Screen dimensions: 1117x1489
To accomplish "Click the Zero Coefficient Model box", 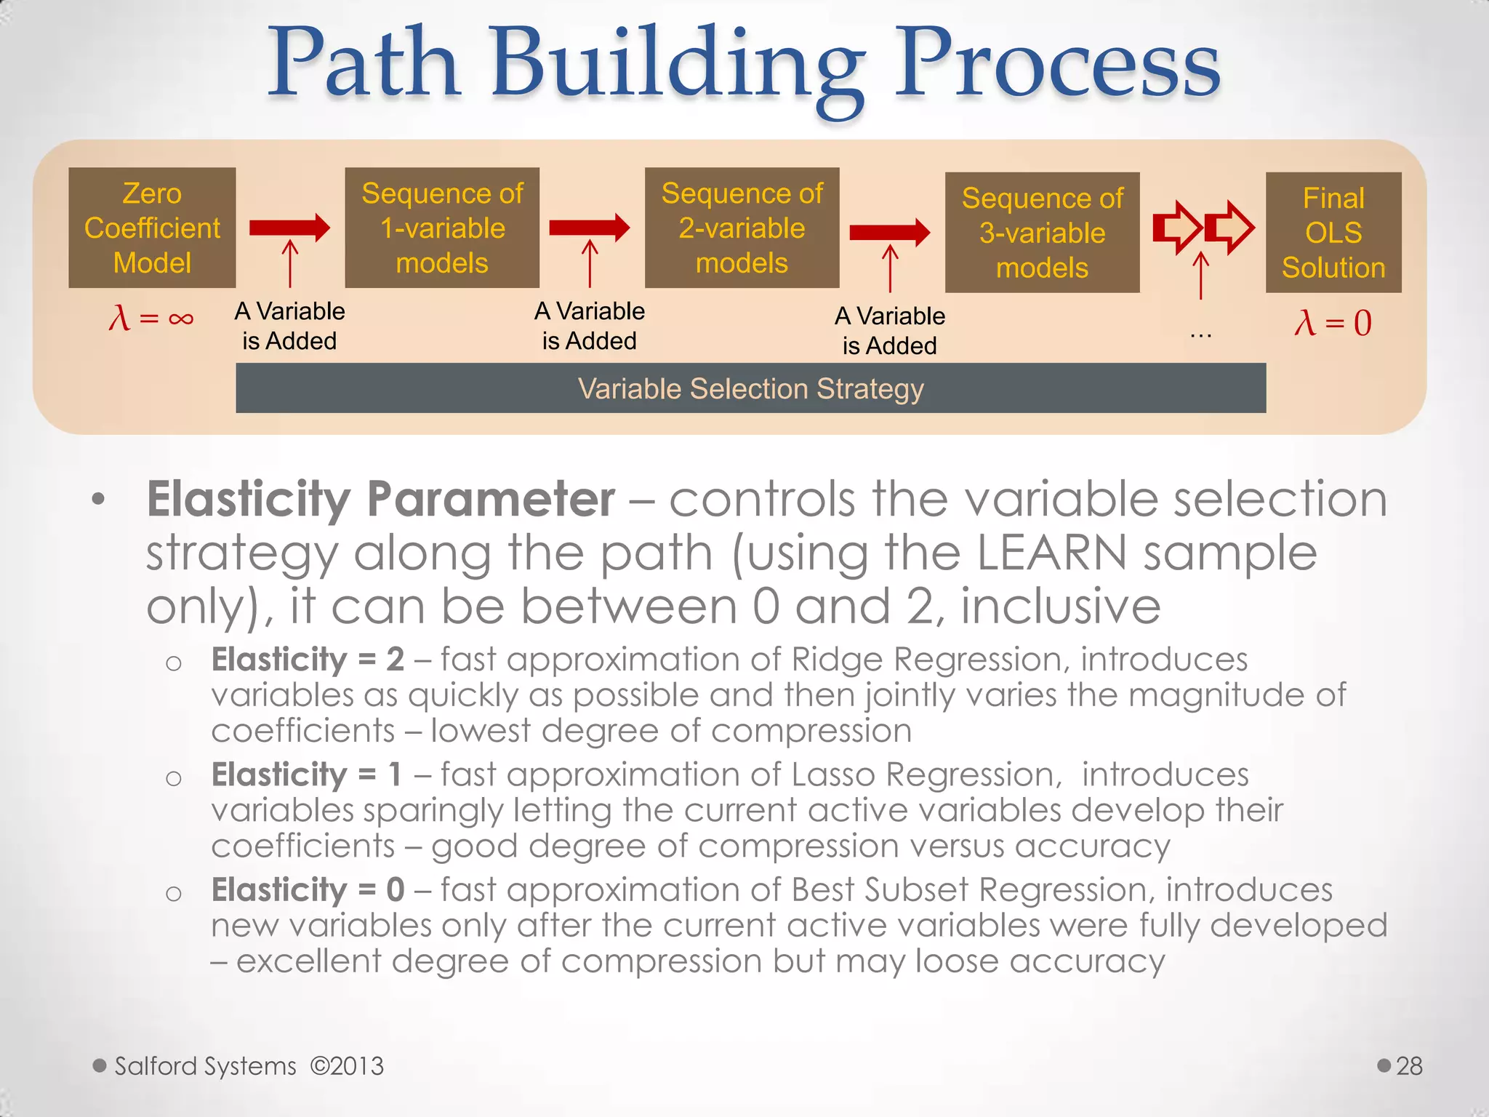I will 152,228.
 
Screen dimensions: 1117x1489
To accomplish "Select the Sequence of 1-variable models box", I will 442,228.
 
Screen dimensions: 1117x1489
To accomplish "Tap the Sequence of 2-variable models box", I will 742,228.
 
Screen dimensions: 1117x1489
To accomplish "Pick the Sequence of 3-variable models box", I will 1042,233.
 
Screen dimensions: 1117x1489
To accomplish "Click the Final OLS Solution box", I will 1333,233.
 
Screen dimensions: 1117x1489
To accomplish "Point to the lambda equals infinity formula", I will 151,318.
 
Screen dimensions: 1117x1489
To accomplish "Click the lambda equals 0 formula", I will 1333,323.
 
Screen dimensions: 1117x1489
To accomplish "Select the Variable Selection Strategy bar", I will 750,388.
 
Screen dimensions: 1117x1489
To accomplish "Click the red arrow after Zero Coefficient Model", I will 289,228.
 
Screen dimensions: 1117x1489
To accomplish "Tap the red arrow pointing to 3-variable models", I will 889,232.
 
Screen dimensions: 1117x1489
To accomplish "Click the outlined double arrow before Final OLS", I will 1203,228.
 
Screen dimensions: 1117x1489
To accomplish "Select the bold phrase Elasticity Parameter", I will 381,500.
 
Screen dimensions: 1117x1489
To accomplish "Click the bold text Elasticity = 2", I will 308,660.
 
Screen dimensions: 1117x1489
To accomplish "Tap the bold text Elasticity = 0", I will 308,890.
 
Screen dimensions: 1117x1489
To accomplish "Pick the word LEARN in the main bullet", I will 1051,554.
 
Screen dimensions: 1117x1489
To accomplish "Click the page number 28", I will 1408,1066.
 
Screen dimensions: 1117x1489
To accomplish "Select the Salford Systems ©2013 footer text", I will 249,1066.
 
